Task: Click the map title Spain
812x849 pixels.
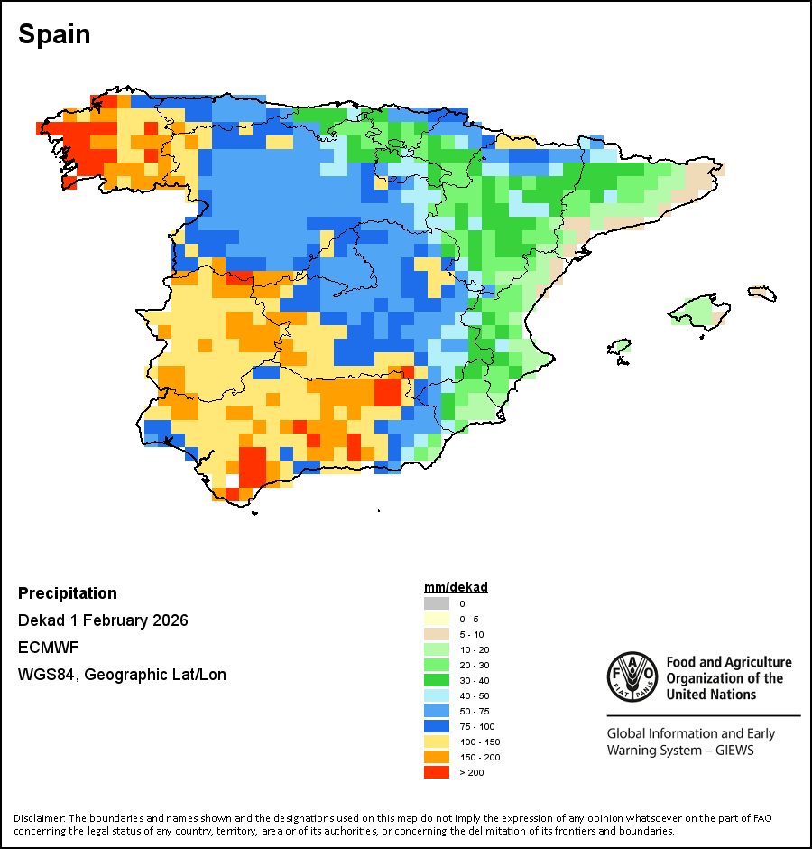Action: point(54,34)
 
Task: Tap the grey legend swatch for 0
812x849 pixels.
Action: point(436,603)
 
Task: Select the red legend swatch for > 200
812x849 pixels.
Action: point(436,772)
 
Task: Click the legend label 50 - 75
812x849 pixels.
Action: point(474,711)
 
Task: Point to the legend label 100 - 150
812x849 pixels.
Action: point(478,742)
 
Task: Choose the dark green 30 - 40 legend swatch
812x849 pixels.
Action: point(436,680)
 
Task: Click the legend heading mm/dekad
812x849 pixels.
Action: point(456,587)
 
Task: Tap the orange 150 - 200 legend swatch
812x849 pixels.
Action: point(436,757)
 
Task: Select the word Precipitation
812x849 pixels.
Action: point(68,593)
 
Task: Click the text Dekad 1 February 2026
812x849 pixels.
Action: point(103,620)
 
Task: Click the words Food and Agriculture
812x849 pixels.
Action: point(728,663)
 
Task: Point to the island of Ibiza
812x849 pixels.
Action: point(619,346)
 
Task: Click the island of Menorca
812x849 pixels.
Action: point(762,294)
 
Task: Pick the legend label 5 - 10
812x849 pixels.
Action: point(471,634)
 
